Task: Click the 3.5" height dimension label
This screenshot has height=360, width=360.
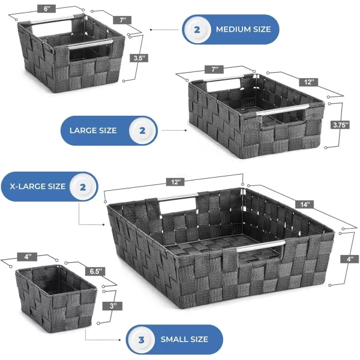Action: pyautogui.click(x=140, y=58)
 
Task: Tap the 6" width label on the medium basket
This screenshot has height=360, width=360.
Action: pyautogui.click(x=46, y=9)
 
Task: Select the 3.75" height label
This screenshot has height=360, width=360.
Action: pyautogui.click(x=340, y=125)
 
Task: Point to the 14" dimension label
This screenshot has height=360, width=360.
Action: pyautogui.click(x=305, y=204)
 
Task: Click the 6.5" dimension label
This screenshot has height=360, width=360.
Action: pyautogui.click(x=96, y=271)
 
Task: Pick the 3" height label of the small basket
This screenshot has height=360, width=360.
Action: pyautogui.click(x=113, y=306)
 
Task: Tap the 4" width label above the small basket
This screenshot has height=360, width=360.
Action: pyautogui.click(x=28, y=256)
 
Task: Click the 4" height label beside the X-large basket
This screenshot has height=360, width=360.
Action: pyautogui.click(x=350, y=259)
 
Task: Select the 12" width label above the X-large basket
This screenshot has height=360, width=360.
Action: pyautogui.click(x=176, y=182)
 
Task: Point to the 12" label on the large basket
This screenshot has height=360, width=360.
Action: pyautogui.click(x=308, y=82)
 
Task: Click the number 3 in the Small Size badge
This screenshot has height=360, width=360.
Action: pyautogui.click(x=142, y=340)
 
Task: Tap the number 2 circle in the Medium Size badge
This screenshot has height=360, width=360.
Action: pyautogui.click(x=197, y=29)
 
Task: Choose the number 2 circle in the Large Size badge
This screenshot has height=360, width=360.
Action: pyautogui.click(x=142, y=131)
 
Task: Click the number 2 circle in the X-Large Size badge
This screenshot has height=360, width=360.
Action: pyautogui.click(x=83, y=187)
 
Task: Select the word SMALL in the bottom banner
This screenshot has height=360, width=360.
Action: pyautogui.click(x=173, y=340)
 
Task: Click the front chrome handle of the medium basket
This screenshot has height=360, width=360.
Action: pyautogui.click(x=91, y=44)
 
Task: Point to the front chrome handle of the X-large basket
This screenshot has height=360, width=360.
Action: pyautogui.click(x=261, y=245)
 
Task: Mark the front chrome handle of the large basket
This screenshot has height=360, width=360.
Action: pyautogui.click(x=283, y=110)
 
